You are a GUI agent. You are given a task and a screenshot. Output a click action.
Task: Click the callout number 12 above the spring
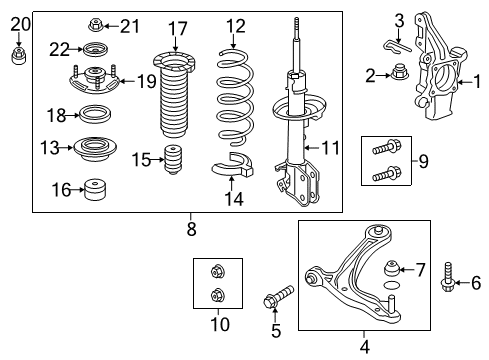(x=235, y=26)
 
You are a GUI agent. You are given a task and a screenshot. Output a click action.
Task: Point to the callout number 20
(x=20, y=24)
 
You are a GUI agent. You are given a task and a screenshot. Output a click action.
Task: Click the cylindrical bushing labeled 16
(x=95, y=187)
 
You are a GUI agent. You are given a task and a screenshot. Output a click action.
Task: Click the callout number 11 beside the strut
(x=331, y=148)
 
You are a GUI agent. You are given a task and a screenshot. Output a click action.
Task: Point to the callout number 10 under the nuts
(x=218, y=324)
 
